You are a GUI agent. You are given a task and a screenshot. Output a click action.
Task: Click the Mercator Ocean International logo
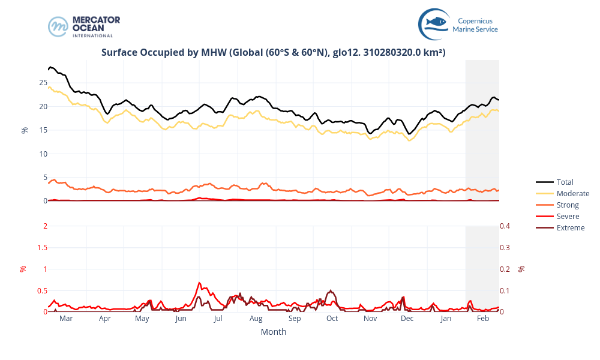click(84, 27)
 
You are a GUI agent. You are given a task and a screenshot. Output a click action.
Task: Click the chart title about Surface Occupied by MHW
click(273, 53)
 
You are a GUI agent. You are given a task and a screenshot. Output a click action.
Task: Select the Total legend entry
click(565, 182)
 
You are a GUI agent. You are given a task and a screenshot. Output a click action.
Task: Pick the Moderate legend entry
click(572, 193)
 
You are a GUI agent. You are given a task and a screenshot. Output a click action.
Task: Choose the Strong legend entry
click(568, 205)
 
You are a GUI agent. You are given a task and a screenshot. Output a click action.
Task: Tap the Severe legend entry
click(568, 216)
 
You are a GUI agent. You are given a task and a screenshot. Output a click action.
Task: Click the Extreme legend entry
click(570, 227)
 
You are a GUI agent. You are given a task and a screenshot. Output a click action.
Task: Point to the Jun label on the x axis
click(181, 319)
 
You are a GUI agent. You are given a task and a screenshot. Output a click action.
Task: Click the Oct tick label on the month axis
click(332, 319)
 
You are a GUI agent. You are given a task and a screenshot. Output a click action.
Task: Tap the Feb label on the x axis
click(483, 319)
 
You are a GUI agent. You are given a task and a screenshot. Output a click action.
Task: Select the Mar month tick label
click(66, 319)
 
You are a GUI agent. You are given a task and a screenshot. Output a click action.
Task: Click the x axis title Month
click(273, 332)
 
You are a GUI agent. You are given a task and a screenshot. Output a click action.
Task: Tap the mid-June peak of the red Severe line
click(199, 283)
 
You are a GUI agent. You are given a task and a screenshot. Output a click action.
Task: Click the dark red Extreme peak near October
click(331, 291)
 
